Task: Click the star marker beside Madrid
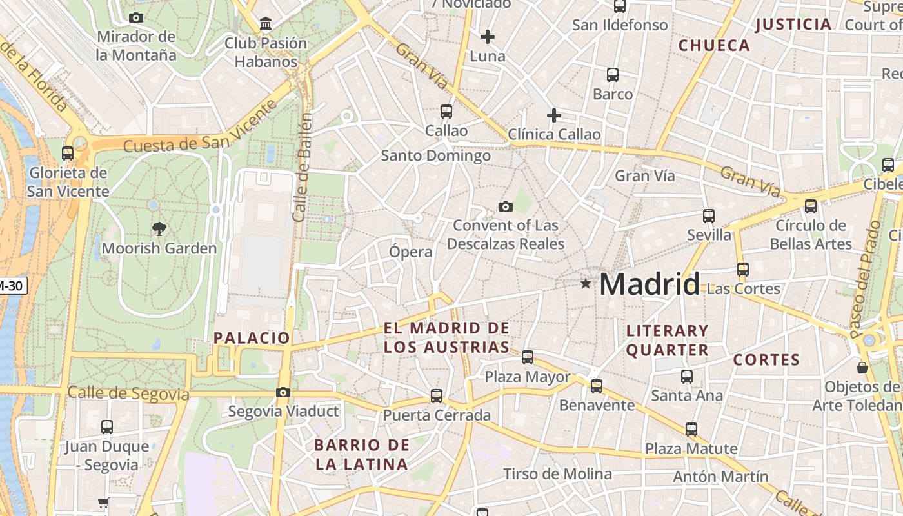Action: coord(586,283)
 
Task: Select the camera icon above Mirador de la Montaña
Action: coord(136,17)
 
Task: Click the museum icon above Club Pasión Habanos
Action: coord(265,24)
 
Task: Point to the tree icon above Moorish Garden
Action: coord(159,228)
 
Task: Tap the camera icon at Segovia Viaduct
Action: coord(283,392)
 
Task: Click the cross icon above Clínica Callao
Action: coord(553,115)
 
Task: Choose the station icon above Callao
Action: coord(446,112)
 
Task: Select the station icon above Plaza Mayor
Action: coord(528,357)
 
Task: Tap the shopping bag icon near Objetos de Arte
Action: coord(862,368)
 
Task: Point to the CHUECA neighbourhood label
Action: coord(714,45)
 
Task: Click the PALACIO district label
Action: coord(252,337)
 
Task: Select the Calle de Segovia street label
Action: coord(128,393)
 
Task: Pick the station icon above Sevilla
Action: coord(709,216)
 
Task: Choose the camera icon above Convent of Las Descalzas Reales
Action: coord(506,206)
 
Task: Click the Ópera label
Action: coord(410,252)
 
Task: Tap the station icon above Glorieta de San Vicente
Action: coord(68,154)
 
